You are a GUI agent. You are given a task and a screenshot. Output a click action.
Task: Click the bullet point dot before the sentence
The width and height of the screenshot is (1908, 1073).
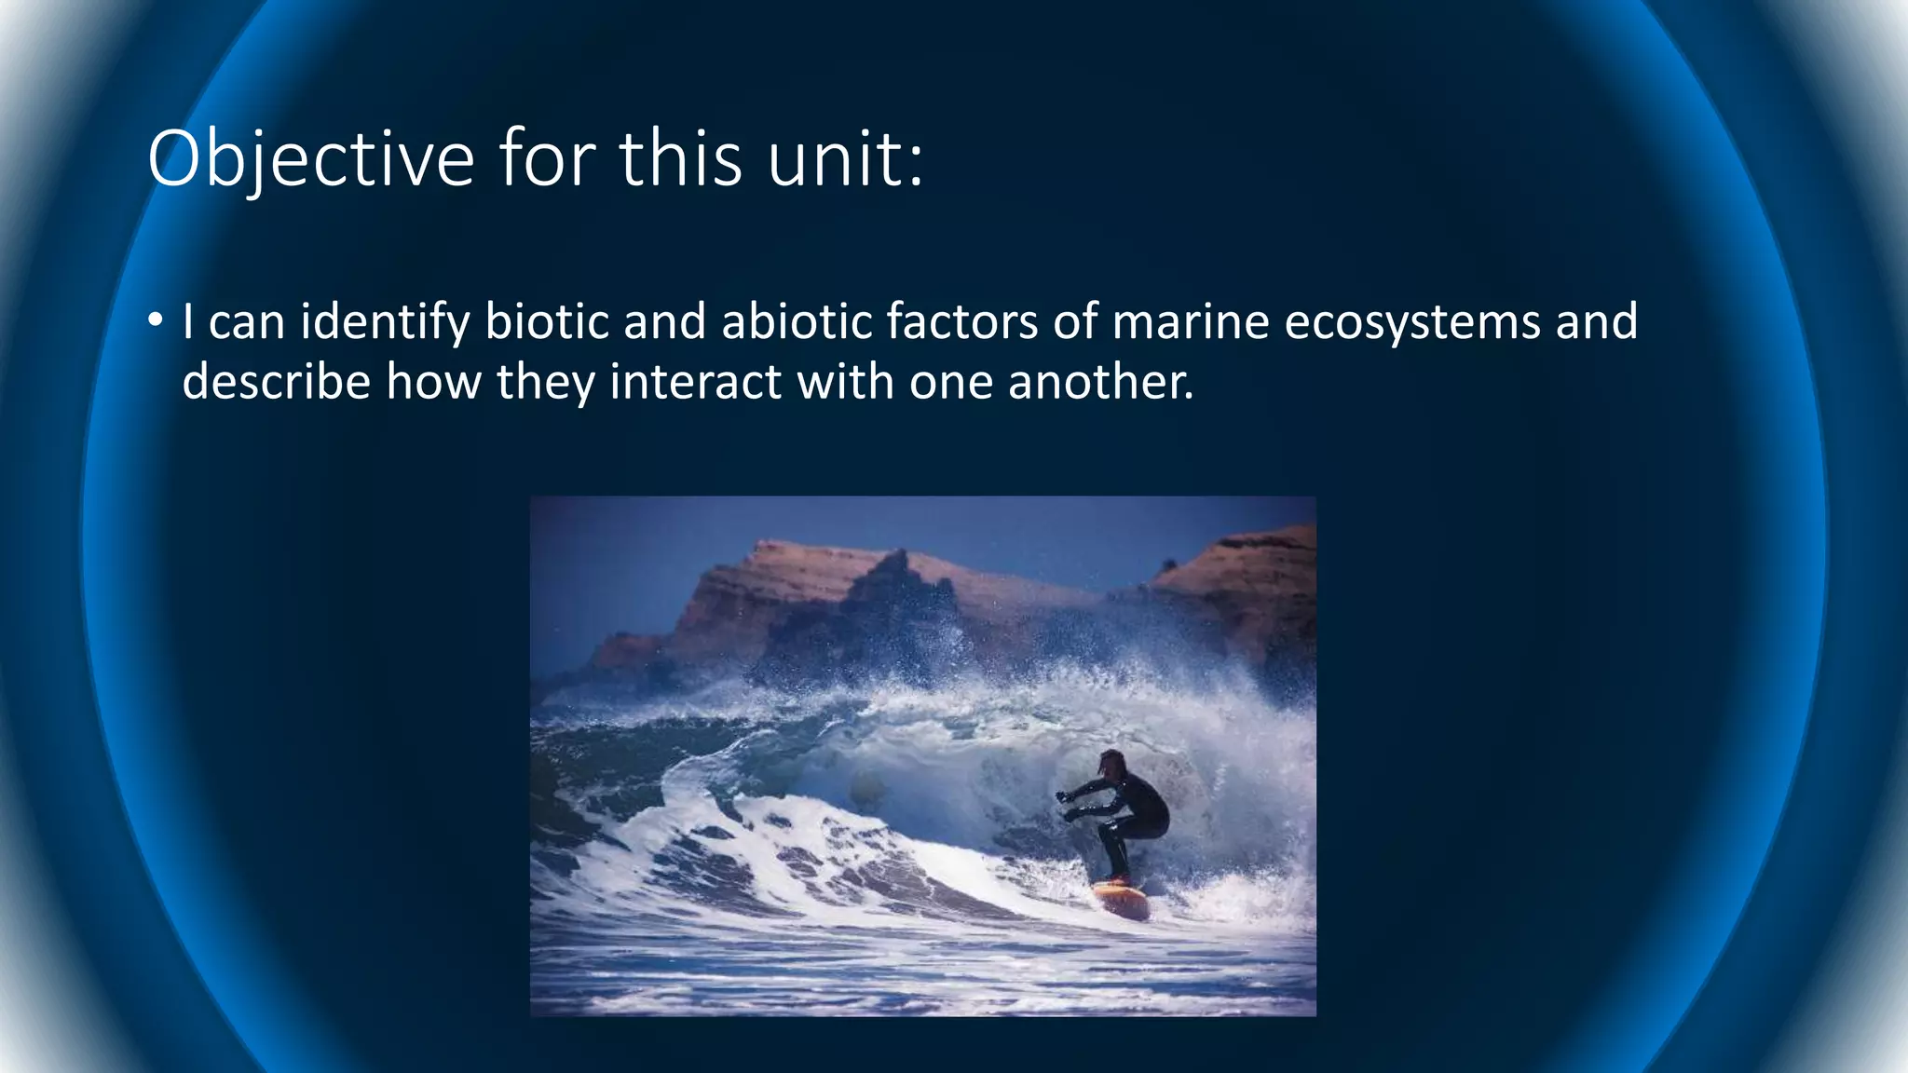tap(155, 321)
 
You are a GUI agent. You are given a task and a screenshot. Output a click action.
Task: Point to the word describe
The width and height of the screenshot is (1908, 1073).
tap(277, 381)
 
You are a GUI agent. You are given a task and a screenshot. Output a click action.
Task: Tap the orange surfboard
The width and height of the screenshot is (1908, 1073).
tap(1122, 899)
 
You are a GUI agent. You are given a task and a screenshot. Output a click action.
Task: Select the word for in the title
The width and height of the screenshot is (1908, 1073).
tap(547, 159)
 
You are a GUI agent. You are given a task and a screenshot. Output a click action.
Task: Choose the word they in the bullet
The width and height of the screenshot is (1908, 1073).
tap(544, 381)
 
